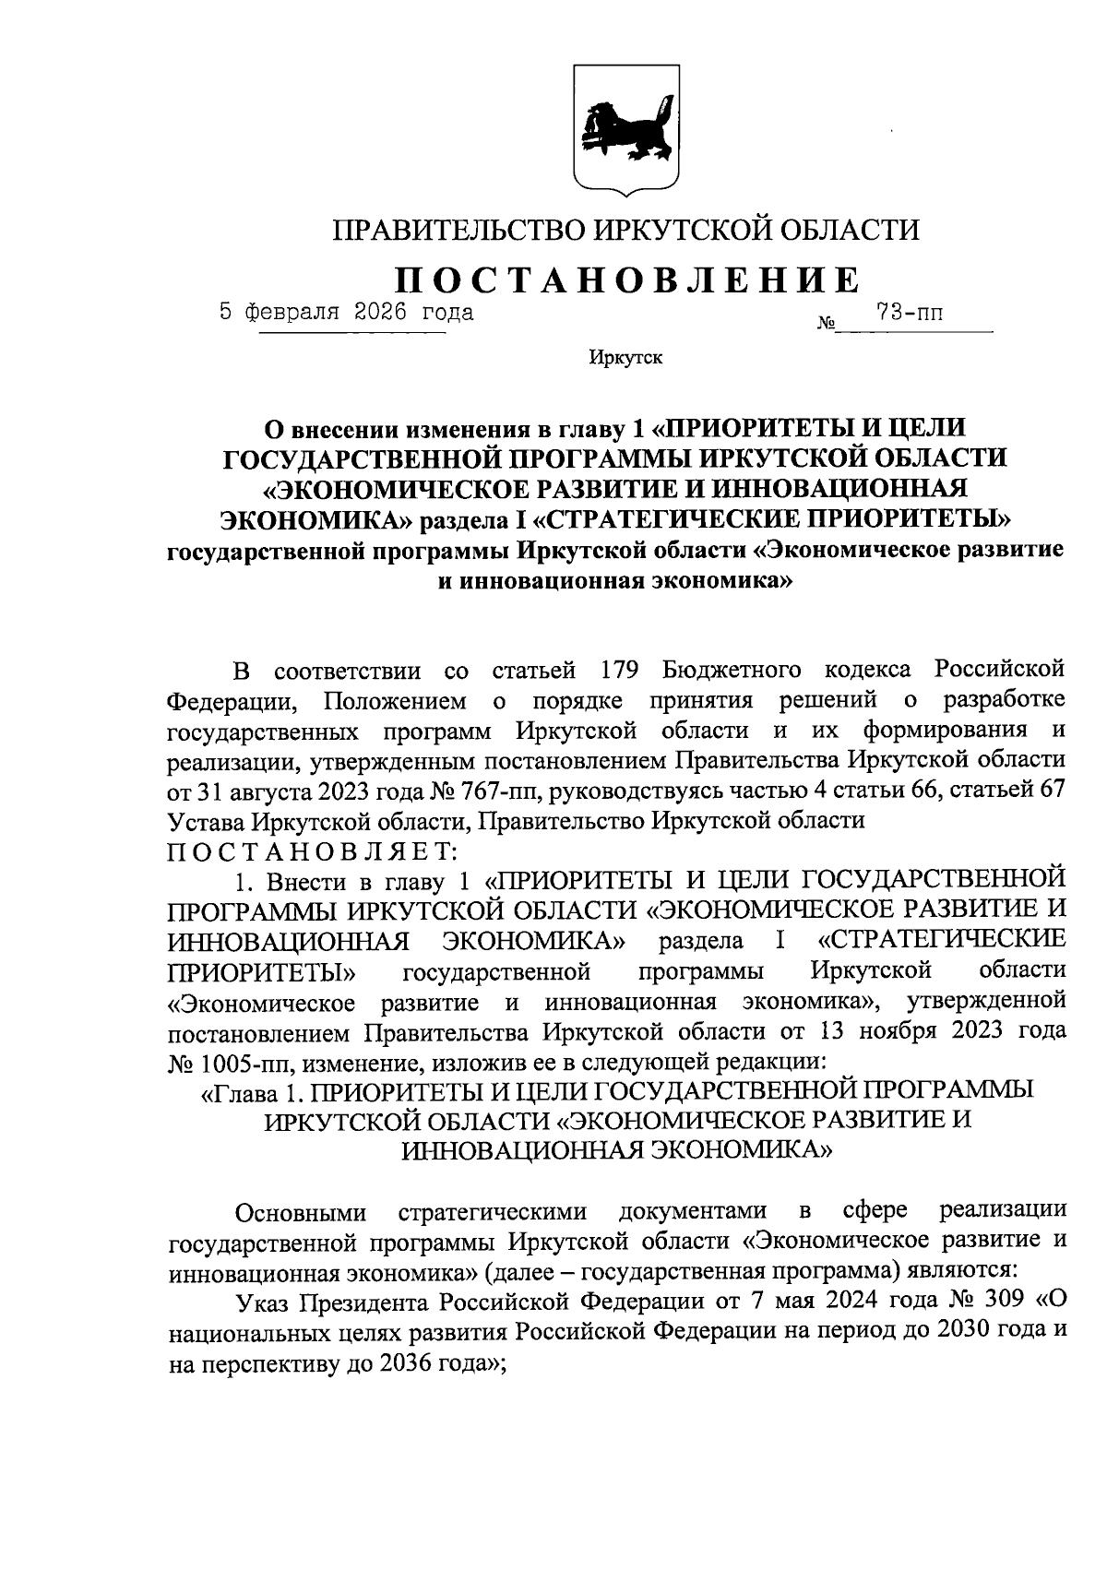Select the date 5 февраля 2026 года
(347, 312)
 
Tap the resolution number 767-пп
(484, 791)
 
